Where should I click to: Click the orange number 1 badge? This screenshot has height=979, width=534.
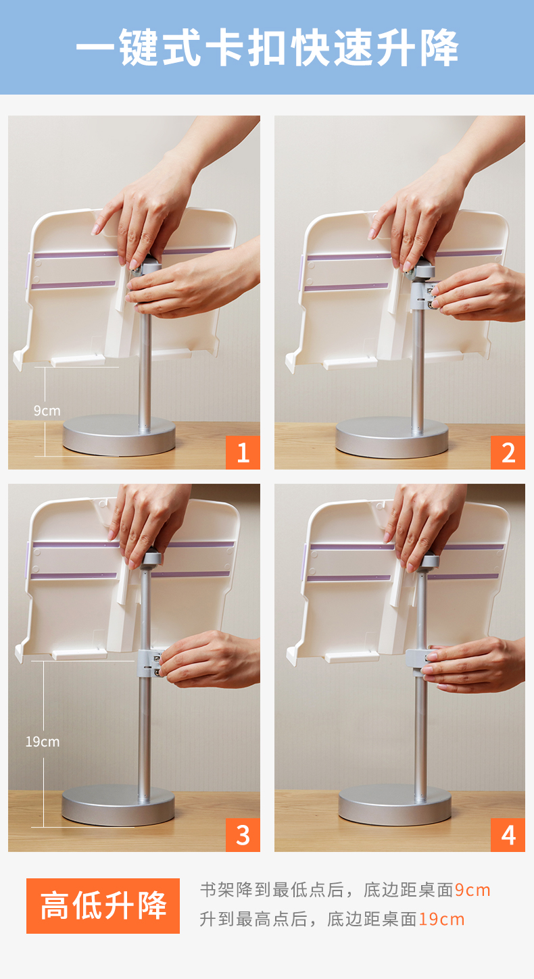243,453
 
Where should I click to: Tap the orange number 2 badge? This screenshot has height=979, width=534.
508,453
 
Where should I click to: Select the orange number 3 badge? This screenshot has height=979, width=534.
243,835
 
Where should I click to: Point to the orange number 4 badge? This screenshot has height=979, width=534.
508,835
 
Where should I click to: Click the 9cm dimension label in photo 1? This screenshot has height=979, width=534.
47,411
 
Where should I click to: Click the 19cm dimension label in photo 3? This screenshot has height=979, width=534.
43,742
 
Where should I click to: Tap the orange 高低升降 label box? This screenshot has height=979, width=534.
103,906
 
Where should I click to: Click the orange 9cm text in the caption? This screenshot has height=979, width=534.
472,890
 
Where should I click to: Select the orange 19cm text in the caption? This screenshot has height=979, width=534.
441,920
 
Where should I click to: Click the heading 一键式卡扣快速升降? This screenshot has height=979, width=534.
267,47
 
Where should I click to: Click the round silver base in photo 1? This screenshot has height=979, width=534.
119,435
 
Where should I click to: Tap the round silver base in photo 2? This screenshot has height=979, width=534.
392,438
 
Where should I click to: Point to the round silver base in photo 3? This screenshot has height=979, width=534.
118,805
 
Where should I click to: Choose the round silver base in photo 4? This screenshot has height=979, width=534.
395,805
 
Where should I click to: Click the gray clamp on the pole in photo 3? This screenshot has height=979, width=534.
149,663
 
